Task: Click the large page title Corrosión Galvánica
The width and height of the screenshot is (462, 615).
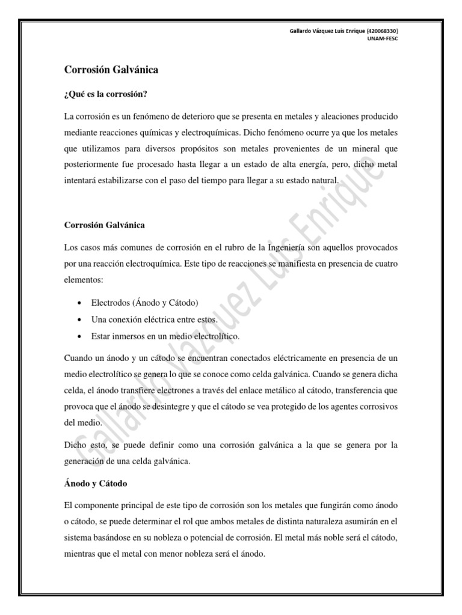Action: pyautogui.click(x=111, y=70)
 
